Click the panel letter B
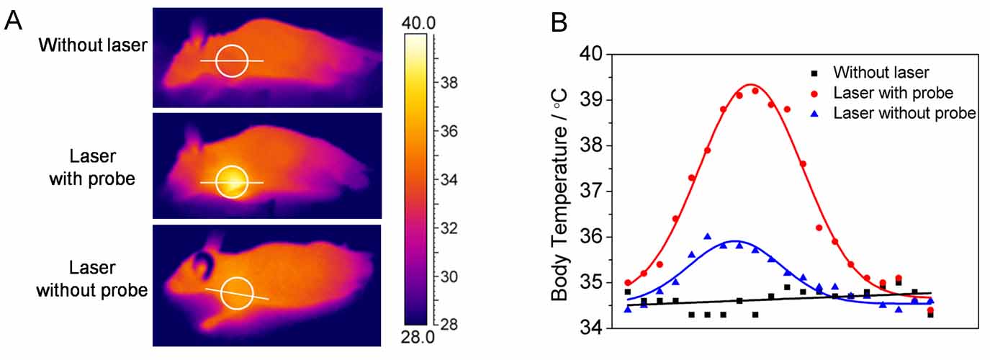560,22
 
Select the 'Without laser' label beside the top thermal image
93,45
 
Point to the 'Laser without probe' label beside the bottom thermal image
92,279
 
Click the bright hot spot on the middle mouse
231,181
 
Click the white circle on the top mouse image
232,60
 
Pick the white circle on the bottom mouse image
237,293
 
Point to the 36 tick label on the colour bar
448,132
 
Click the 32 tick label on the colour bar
448,228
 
